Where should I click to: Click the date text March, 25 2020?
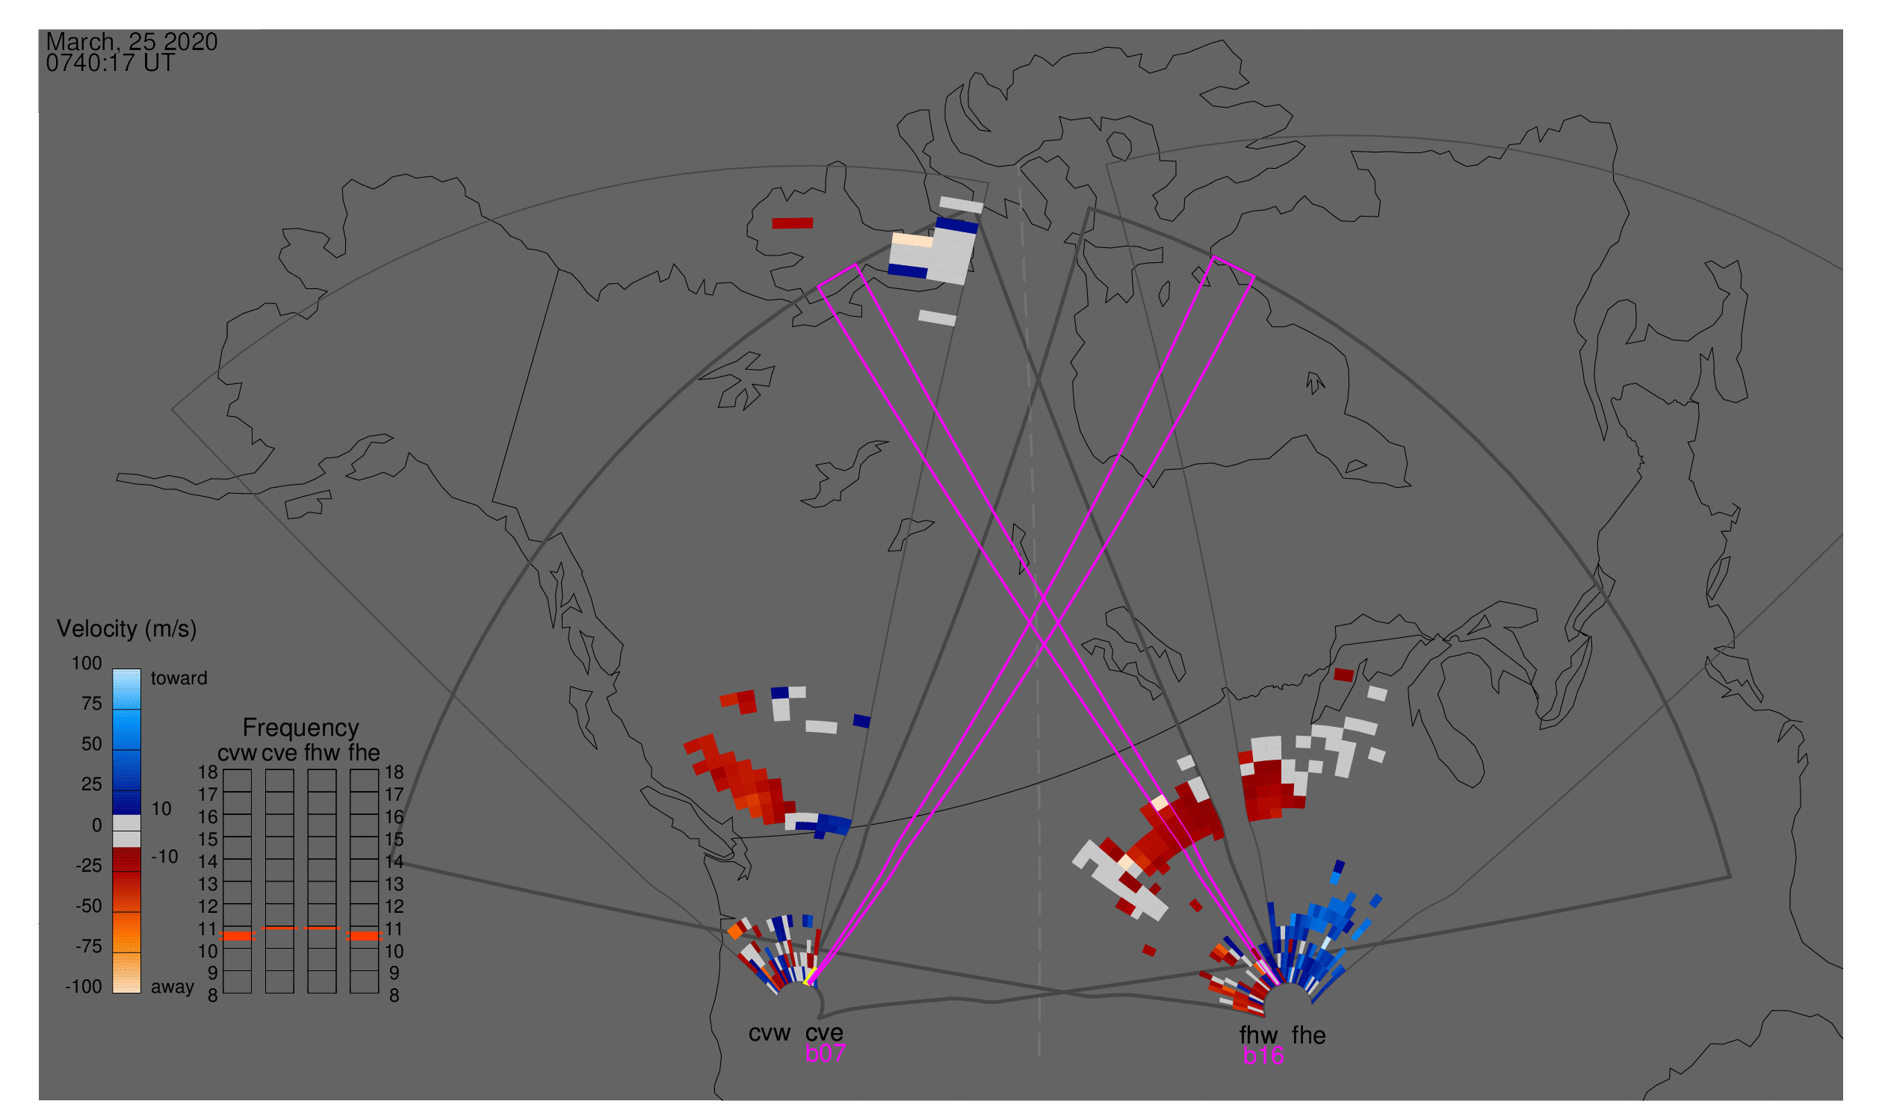131,41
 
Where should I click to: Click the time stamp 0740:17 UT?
111,63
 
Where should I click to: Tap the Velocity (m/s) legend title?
126,630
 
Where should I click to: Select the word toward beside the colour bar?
179,678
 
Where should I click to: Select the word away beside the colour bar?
173,988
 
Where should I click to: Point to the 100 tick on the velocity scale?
87,663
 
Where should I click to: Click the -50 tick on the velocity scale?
89,906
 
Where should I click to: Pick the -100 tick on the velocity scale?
84,987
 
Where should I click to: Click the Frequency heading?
300,728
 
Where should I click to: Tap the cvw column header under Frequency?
237,753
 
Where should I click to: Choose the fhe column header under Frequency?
364,753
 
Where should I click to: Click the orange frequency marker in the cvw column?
237,936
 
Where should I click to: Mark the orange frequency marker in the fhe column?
364,936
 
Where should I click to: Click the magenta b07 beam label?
825,1054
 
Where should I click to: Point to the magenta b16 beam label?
1263,1056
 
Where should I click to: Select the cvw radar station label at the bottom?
769,1034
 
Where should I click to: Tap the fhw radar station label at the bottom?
1258,1035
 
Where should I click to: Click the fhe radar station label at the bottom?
1308,1035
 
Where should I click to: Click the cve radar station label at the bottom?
824,1034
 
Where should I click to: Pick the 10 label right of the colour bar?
161,809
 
